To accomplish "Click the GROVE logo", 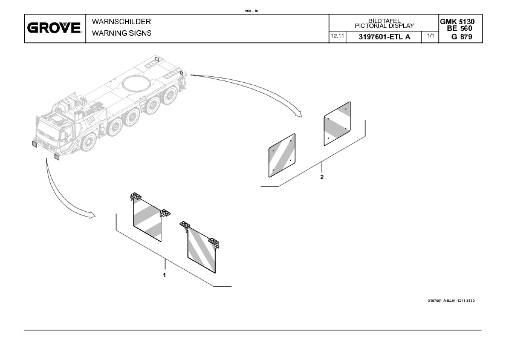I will pos(54,28).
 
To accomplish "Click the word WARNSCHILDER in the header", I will pos(121,22).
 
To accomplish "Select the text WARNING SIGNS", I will pos(122,33).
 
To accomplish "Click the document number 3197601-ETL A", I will pos(384,37).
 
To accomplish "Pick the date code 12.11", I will pos(337,37).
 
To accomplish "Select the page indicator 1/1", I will pos(430,37).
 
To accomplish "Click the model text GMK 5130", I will pos(457,22).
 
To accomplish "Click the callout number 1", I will pos(164,275).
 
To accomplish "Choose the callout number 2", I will pos(322,177).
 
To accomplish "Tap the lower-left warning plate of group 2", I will pos(282,155).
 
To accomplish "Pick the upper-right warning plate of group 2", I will pos(337,123).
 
